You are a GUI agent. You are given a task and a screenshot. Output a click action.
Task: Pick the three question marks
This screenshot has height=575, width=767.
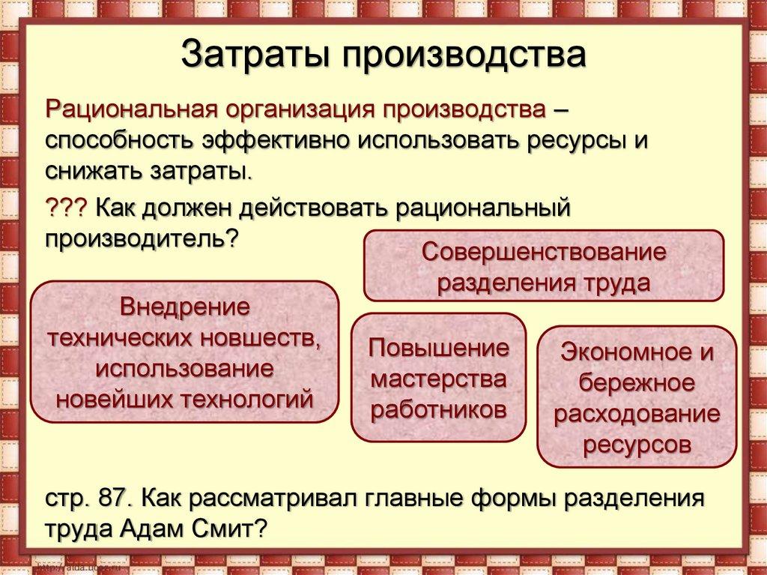tap(66, 206)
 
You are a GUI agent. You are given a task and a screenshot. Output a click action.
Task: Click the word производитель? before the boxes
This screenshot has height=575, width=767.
tap(142, 238)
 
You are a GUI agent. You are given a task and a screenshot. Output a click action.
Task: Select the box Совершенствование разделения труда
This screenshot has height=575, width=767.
tap(543, 266)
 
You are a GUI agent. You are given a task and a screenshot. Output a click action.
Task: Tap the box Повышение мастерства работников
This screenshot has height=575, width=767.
tap(438, 377)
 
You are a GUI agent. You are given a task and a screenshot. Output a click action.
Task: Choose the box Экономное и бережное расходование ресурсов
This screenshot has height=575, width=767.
tap(637, 398)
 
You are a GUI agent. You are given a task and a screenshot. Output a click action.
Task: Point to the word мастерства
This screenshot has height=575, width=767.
tap(439, 379)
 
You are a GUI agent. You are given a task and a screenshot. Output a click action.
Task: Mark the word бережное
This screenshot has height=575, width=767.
tap(637, 382)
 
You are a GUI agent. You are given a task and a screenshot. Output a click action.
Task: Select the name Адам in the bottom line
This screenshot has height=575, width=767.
tap(154, 529)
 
